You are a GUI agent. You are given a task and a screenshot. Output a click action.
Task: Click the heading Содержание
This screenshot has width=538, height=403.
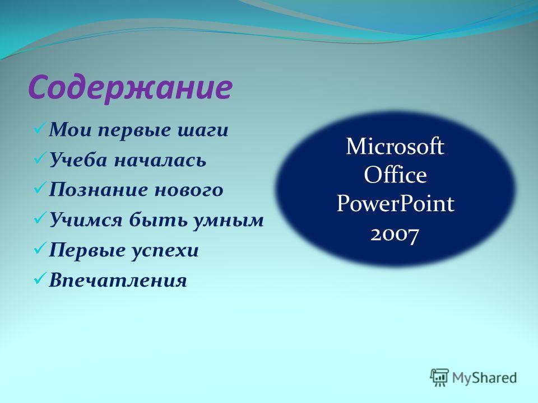pyautogui.click(x=131, y=88)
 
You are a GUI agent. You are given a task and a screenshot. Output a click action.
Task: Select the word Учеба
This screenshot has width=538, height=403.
pyautogui.click(x=78, y=160)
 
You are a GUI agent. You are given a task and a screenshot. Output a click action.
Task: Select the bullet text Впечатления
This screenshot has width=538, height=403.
pyautogui.click(x=118, y=280)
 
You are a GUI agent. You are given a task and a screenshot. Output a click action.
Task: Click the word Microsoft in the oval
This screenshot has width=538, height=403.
pyautogui.click(x=395, y=146)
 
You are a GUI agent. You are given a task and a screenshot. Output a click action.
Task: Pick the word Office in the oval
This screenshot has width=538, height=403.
pyautogui.click(x=395, y=175)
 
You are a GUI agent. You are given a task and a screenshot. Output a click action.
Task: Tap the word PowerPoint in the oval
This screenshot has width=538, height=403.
pyautogui.click(x=395, y=203)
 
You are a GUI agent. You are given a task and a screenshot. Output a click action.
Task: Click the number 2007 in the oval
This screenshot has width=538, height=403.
pyautogui.click(x=395, y=235)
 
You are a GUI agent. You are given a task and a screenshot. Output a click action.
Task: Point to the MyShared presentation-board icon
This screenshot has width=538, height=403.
pyautogui.click(x=439, y=378)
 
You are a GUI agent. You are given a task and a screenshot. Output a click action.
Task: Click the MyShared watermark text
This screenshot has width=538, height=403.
pyautogui.click(x=484, y=378)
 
